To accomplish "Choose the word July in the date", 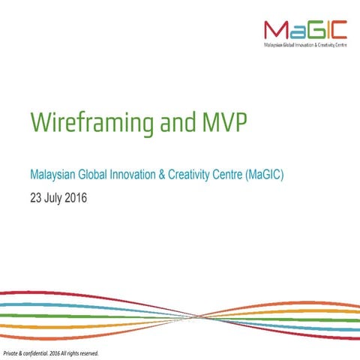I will [56, 199].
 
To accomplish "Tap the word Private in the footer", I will [13, 352].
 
